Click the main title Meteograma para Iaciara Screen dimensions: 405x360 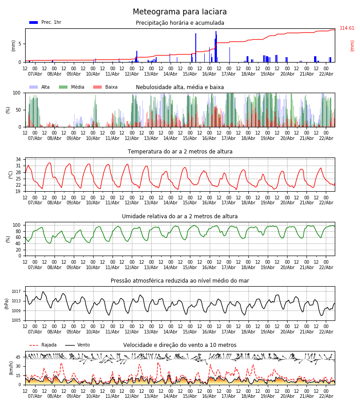[180, 12]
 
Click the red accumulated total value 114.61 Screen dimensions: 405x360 [347, 28]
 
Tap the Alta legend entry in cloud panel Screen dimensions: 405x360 [45, 87]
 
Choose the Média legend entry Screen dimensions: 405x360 [77, 87]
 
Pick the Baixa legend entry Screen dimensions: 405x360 [111, 87]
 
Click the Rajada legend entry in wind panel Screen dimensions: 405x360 [49, 345]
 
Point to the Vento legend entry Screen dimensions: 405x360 [83, 345]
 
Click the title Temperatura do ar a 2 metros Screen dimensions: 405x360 [180, 152]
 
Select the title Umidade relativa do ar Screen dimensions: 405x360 [180, 216]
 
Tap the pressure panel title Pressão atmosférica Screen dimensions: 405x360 [180, 281]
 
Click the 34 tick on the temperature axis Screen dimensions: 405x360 [18, 159]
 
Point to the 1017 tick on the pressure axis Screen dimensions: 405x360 [16, 292]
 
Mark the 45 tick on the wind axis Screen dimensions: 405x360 [18, 357]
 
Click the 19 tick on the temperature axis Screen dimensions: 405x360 [18, 191]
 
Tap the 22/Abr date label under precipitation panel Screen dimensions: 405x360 [326, 74]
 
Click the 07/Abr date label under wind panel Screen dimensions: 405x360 [35, 396]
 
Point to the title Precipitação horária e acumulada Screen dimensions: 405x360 [180, 23]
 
